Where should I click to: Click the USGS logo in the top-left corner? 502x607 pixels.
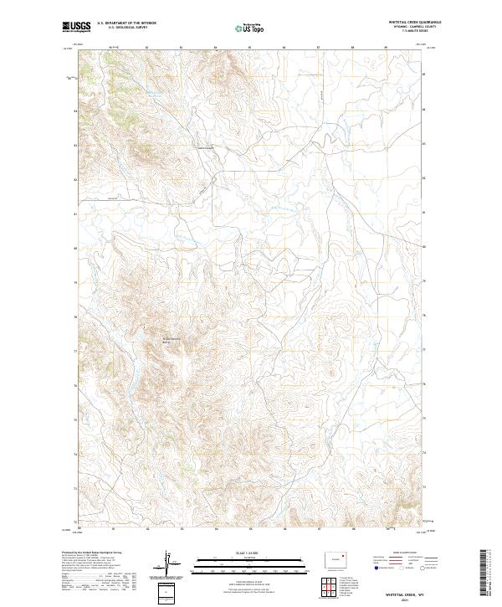[73, 28]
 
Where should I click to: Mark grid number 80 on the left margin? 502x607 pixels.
[74, 248]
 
